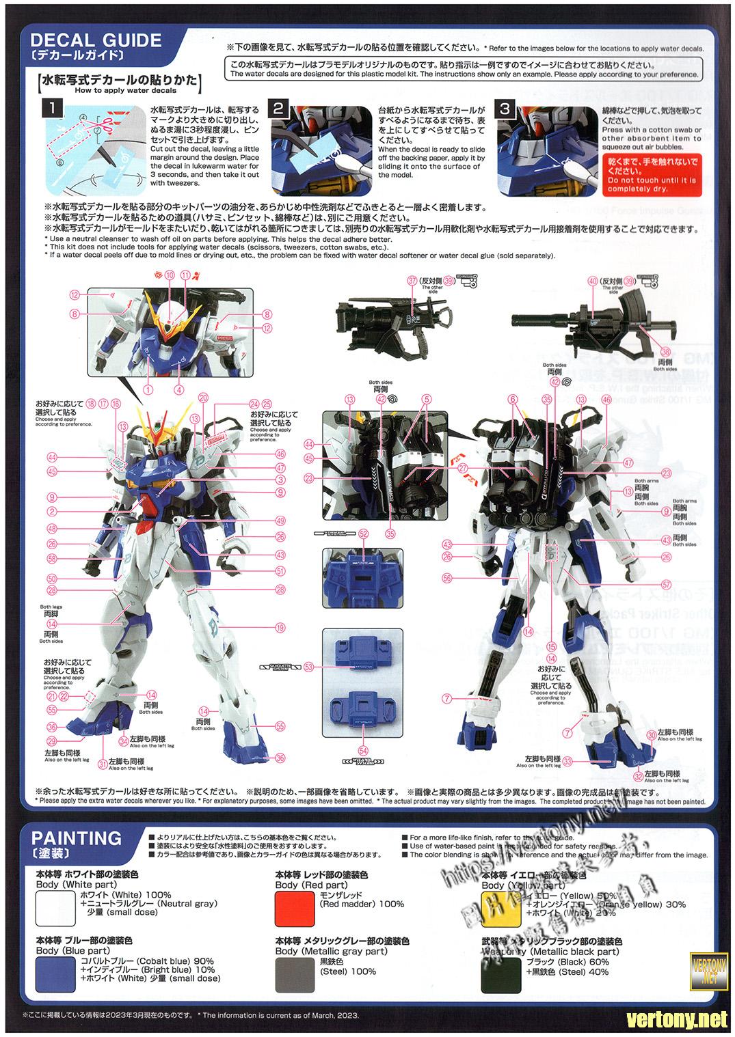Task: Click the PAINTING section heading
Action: (77, 838)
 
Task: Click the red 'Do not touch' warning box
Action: (652, 174)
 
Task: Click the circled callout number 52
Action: (363, 534)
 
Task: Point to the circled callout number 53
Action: (308, 666)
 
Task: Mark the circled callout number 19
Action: (280, 628)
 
